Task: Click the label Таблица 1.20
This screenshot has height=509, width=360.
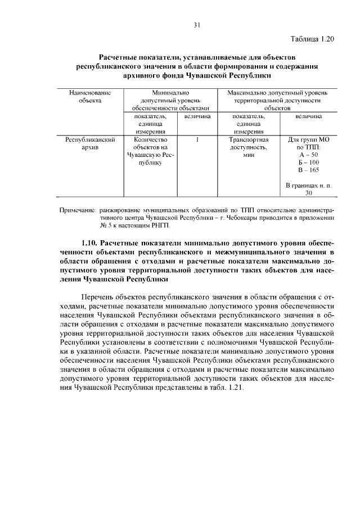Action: pos(313,39)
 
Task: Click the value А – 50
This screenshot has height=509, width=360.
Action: pos(309,155)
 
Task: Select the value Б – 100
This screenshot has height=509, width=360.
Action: pos(309,162)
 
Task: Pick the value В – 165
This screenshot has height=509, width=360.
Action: pos(309,170)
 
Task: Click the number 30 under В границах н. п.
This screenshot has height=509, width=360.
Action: pos(309,193)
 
